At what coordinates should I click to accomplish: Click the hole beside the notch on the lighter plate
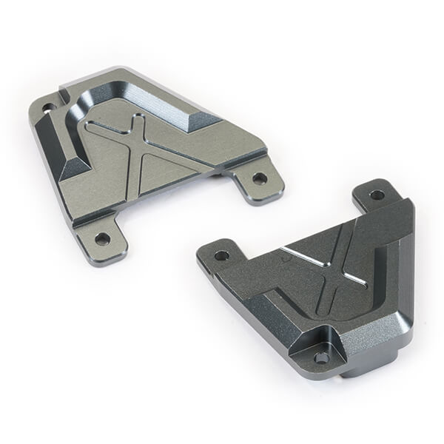pyautogui.click(x=49, y=108)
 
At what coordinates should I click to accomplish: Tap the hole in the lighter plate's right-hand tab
pyautogui.click(x=259, y=178)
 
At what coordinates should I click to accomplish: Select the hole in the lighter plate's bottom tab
pyautogui.click(x=102, y=238)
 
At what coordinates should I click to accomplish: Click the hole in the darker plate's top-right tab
pyautogui.click(x=377, y=195)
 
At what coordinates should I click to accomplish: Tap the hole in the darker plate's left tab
pyautogui.click(x=221, y=255)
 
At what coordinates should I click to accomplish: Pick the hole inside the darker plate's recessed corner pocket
pyautogui.click(x=321, y=356)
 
